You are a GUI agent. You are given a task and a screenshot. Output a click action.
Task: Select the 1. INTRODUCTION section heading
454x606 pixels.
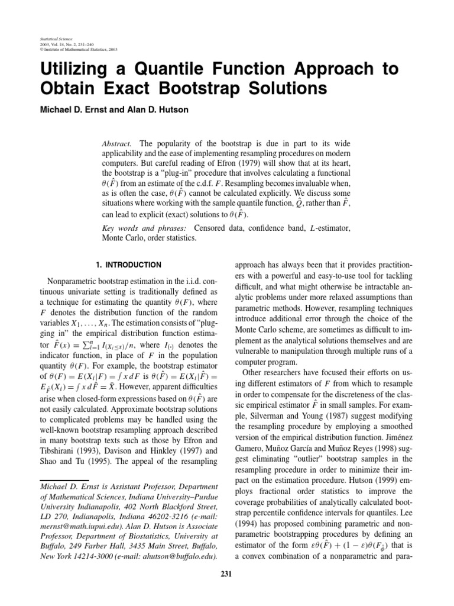(x=128, y=265)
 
